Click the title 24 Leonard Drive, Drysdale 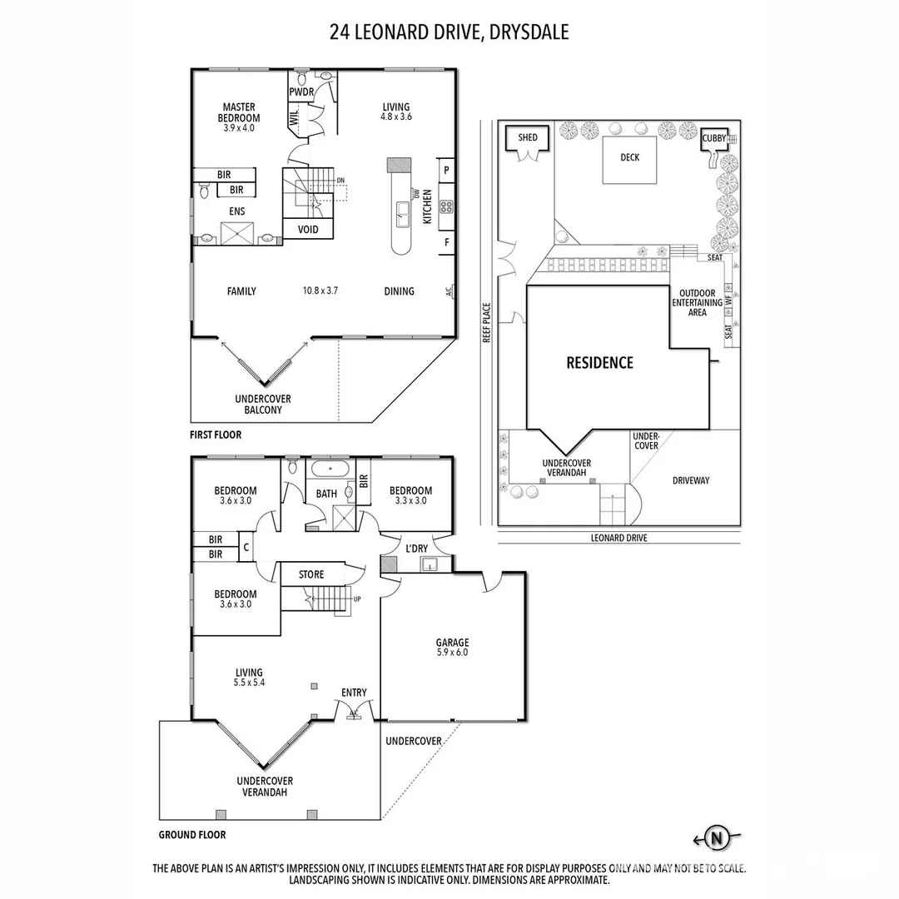click(x=449, y=32)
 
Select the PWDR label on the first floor click(x=300, y=92)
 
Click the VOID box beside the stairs click(x=309, y=229)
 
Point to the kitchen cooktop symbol click(x=445, y=206)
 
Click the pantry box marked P click(x=446, y=170)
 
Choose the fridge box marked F click(x=446, y=242)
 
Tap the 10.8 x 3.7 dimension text click(x=320, y=291)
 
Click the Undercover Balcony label click(x=263, y=405)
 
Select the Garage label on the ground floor click(x=452, y=648)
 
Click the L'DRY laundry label click(x=415, y=548)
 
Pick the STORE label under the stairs click(x=311, y=574)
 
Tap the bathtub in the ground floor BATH click(x=331, y=470)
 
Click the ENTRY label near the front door click(x=354, y=693)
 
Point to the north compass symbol click(x=715, y=837)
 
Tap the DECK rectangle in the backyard click(x=629, y=158)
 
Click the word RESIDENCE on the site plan click(x=599, y=363)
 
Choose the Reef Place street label click(x=488, y=323)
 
